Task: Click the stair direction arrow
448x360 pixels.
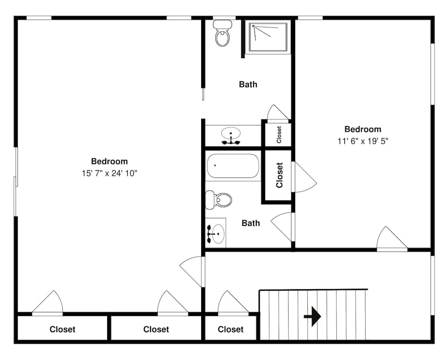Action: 313,317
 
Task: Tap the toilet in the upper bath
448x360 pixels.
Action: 222,33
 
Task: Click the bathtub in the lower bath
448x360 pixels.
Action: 233,166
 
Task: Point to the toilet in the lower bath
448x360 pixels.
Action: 219,200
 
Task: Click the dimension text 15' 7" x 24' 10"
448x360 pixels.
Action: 109,173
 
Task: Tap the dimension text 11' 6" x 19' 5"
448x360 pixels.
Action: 363,141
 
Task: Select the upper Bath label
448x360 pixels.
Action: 248,84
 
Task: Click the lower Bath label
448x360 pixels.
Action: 250,223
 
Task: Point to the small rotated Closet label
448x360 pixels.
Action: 279,134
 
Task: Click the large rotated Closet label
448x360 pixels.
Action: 279,175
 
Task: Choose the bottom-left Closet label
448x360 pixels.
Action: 62,330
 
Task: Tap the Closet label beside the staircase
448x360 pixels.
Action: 231,330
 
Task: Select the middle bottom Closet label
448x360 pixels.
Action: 156,330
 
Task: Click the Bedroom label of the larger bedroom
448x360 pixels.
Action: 109,161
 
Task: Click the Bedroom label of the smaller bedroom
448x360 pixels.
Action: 363,129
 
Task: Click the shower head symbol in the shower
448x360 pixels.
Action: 254,26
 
